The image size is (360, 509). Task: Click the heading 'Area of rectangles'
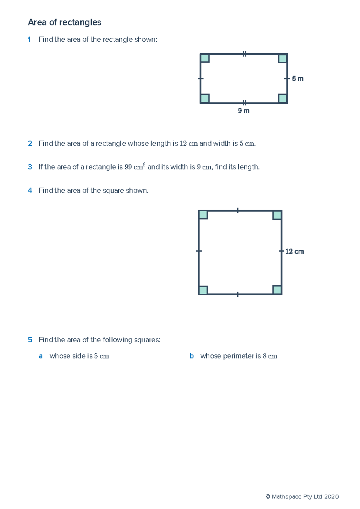pyautogui.click(x=64, y=22)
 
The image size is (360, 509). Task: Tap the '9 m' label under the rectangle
pyautogui.click(x=244, y=111)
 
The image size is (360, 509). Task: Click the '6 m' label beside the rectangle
pyautogui.click(x=298, y=79)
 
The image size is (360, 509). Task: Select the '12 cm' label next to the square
pyautogui.click(x=294, y=252)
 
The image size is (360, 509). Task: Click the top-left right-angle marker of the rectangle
pyautogui.click(x=205, y=58)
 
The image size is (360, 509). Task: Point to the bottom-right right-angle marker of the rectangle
pyautogui.click(x=282, y=98)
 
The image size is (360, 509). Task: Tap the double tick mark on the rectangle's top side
pyautogui.click(x=244, y=54)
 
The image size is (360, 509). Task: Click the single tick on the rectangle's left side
pyautogui.click(x=201, y=79)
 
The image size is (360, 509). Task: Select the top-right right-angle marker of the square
pyautogui.click(x=277, y=215)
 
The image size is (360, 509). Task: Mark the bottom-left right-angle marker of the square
pyautogui.click(x=203, y=290)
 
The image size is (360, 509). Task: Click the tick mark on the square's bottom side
pyautogui.click(x=238, y=294)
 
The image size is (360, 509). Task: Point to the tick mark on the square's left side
pyautogui.click(x=199, y=251)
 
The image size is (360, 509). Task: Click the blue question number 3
pyautogui.click(x=30, y=167)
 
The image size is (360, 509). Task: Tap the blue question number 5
pyautogui.click(x=30, y=340)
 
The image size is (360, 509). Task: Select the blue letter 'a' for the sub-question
pyautogui.click(x=41, y=356)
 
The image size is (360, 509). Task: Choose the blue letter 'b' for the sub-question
pyautogui.click(x=191, y=356)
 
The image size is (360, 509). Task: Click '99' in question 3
pyautogui.click(x=128, y=167)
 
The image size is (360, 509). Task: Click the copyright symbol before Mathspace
pyautogui.click(x=268, y=497)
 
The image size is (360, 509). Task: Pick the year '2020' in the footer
pyautogui.click(x=331, y=497)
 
